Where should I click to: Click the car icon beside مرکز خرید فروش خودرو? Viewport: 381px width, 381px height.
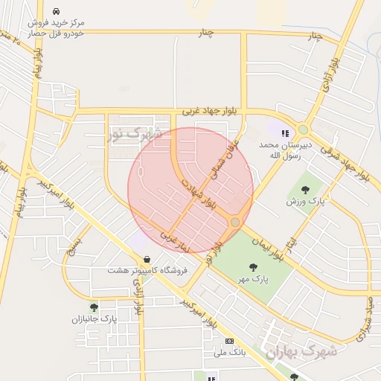57,13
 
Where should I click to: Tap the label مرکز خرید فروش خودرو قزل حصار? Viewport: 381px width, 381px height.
57,28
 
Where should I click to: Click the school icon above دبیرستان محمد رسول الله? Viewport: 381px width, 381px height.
284,133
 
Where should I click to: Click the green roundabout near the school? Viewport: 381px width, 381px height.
303,128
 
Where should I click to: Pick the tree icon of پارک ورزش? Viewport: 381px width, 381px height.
306,190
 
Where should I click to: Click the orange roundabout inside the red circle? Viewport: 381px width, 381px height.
235,222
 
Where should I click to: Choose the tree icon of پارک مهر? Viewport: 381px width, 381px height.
253,267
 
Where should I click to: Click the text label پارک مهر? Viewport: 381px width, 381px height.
253,279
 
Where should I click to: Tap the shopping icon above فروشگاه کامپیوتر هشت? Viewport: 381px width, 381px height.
146,260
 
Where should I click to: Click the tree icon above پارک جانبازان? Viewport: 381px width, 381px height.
94,307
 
